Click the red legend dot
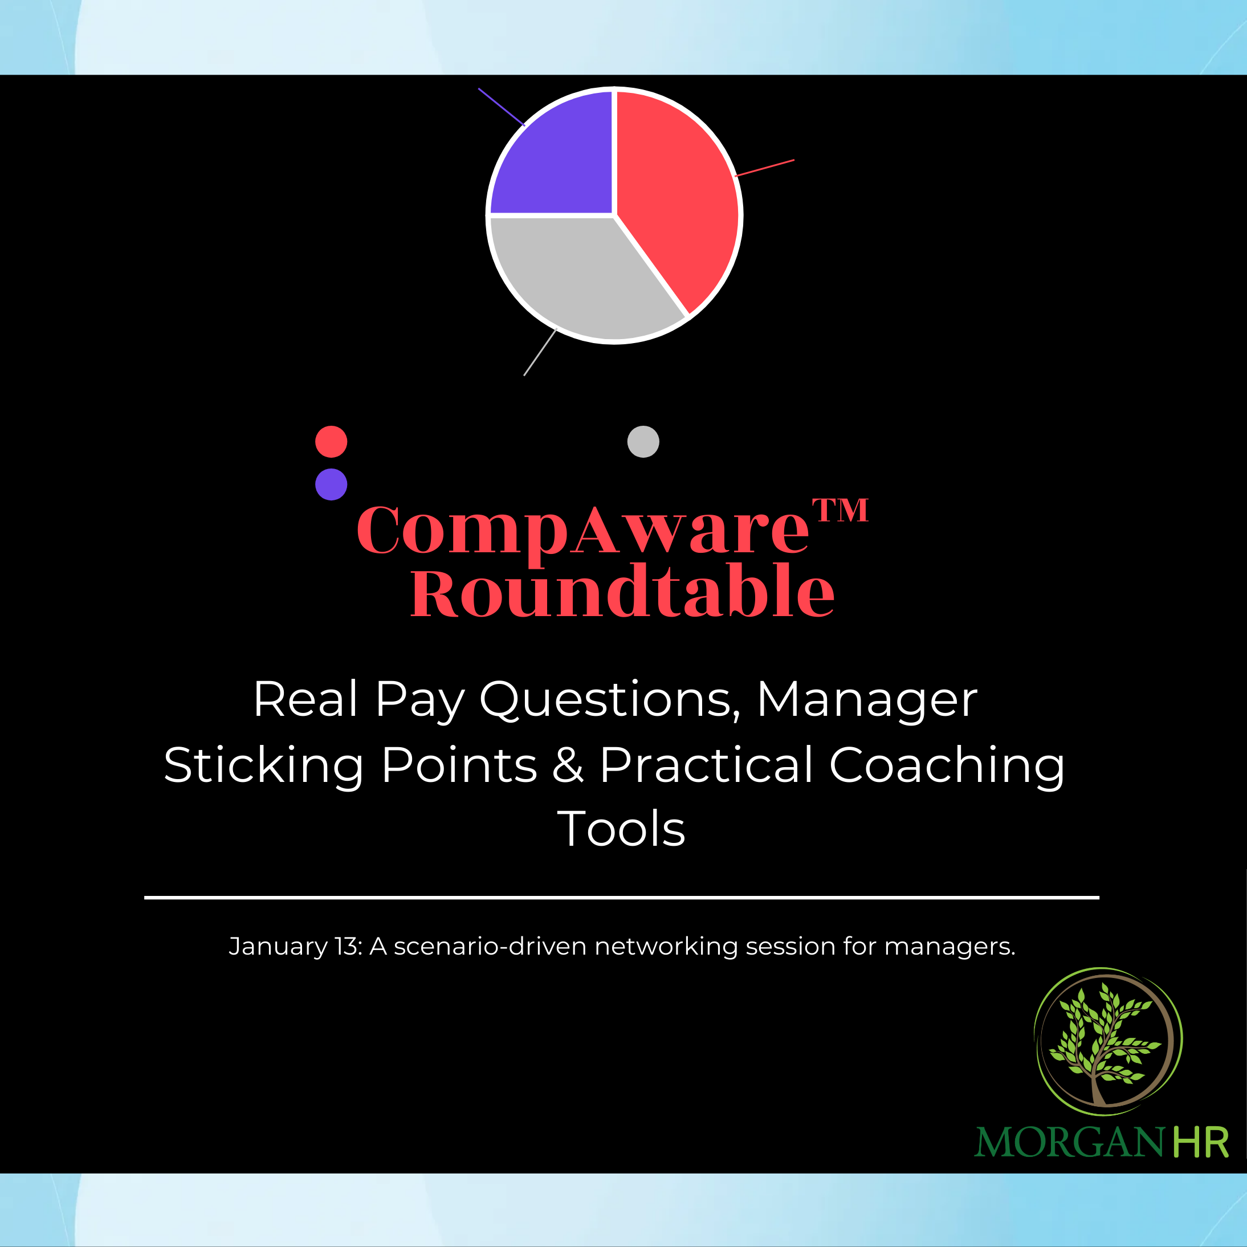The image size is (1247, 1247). pyautogui.click(x=331, y=442)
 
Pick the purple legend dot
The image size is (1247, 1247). pyautogui.click(x=331, y=484)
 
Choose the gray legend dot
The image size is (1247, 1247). pyautogui.click(x=643, y=442)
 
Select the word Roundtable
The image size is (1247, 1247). pyautogui.click(x=622, y=591)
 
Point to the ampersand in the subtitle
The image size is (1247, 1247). pyautogui.click(x=568, y=765)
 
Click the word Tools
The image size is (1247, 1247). pyautogui.click(x=621, y=829)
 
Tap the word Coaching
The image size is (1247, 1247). pyautogui.click(x=946, y=765)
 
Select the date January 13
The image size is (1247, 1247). pyautogui.click(x=295, y=946)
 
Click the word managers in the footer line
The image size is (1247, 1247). pyautogui.click(x=949, y=946)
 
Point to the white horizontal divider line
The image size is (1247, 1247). pyautogui.click(x=622, y=897)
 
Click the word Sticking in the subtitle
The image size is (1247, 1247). pyautogui.click(x=263, y=765)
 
